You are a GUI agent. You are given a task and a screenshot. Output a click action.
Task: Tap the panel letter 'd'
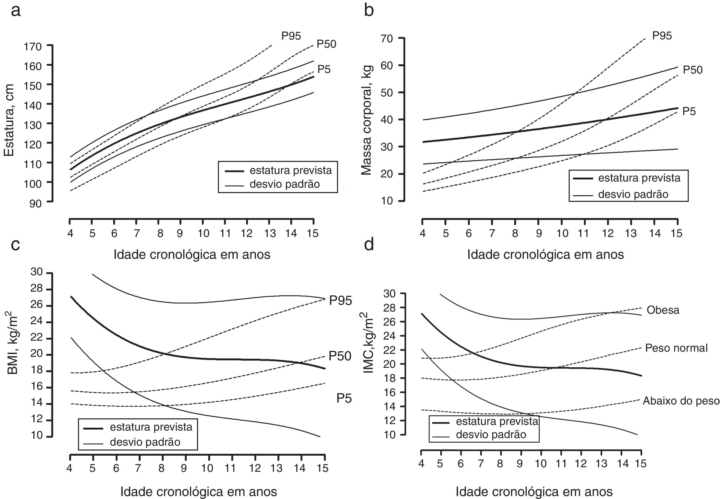click(x=369, y=245)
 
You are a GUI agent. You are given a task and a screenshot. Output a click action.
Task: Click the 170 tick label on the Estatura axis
click(x=33, y=47)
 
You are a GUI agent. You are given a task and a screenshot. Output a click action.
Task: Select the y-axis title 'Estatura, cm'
click(x=9, y=120)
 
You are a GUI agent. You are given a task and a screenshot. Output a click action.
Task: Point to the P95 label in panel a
click(x=291, y=36)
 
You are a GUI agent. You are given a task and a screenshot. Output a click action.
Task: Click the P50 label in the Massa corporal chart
click(x=693, y=70)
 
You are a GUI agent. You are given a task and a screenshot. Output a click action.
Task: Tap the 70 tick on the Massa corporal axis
click(x=387, y=39)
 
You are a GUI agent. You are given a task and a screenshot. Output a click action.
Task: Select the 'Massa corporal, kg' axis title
click(x=367, y=120)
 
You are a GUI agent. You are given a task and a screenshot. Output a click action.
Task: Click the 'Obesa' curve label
click(x=663, y=310)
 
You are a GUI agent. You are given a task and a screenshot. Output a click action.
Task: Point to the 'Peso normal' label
click(x=676, y=348)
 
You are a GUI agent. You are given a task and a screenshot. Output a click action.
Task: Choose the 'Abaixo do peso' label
click(x=681, y=401)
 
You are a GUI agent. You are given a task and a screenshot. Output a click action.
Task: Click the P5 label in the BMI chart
click(x=344, y=398)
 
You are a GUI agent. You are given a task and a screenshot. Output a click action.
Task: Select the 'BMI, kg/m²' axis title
click(x=12, y=342)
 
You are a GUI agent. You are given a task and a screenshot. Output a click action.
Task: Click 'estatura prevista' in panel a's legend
click(x=290, y=170)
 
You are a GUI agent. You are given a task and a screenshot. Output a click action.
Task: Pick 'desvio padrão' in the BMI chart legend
click(x=145, y=442)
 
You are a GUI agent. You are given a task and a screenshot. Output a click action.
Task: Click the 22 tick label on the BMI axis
click(x=36, y=339)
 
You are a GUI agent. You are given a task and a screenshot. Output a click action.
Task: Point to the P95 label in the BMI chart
click(x=340, y=301)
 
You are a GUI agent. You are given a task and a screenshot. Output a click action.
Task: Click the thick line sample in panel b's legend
click(x=583, y=178)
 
